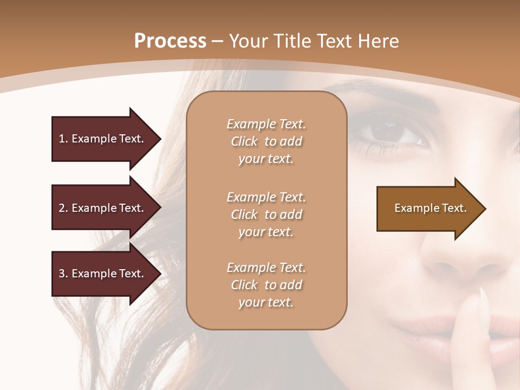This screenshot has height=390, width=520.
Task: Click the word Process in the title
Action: tap(170, 41)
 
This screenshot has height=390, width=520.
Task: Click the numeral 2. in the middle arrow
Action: tap(63, 208)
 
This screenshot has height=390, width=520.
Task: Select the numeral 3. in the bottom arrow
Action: tap(63, 274)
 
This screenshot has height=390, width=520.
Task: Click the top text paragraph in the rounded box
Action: tap(266, 141)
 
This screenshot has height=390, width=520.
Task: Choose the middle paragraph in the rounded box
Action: tap(266, 214)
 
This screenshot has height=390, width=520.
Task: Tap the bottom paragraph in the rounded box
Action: tap(266, 285)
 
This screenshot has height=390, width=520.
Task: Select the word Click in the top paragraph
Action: tap(244, 141)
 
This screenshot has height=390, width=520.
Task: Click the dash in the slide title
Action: tap(218, 41)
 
